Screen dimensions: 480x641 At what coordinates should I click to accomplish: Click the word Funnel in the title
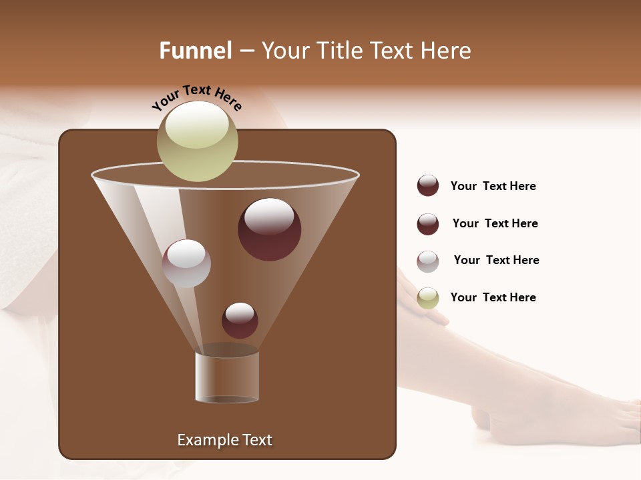click(195, 51)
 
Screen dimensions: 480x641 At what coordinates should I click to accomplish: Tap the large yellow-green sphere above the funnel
click(197, 141)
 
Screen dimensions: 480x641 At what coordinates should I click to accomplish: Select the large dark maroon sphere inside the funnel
click(269, 229)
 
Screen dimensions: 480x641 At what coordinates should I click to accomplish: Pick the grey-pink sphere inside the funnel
click(186, 263)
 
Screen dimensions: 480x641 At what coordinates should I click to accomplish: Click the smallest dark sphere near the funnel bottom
click(240, 320)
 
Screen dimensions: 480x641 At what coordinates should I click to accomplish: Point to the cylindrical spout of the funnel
click(227, 377)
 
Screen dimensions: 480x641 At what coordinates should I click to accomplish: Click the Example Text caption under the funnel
click(224, 440)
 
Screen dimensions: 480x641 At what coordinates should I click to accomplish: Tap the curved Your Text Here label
click(196, 98)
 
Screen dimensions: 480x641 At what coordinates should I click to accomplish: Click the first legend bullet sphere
click(428, 185)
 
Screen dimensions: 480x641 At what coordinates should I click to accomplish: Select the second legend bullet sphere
click(428, 224)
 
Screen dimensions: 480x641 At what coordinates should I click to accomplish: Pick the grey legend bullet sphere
click(428, 261)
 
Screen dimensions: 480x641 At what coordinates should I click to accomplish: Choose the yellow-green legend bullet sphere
click(428, 298)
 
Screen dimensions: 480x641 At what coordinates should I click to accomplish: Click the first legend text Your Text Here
click(493, 186)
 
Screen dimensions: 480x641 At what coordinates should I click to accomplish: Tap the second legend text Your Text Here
click(495, 223)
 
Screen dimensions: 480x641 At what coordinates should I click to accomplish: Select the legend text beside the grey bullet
click(496, 260)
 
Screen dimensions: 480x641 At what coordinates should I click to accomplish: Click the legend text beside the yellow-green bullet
click(493, 297)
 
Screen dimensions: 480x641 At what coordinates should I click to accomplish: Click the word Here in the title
click(447, 51)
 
